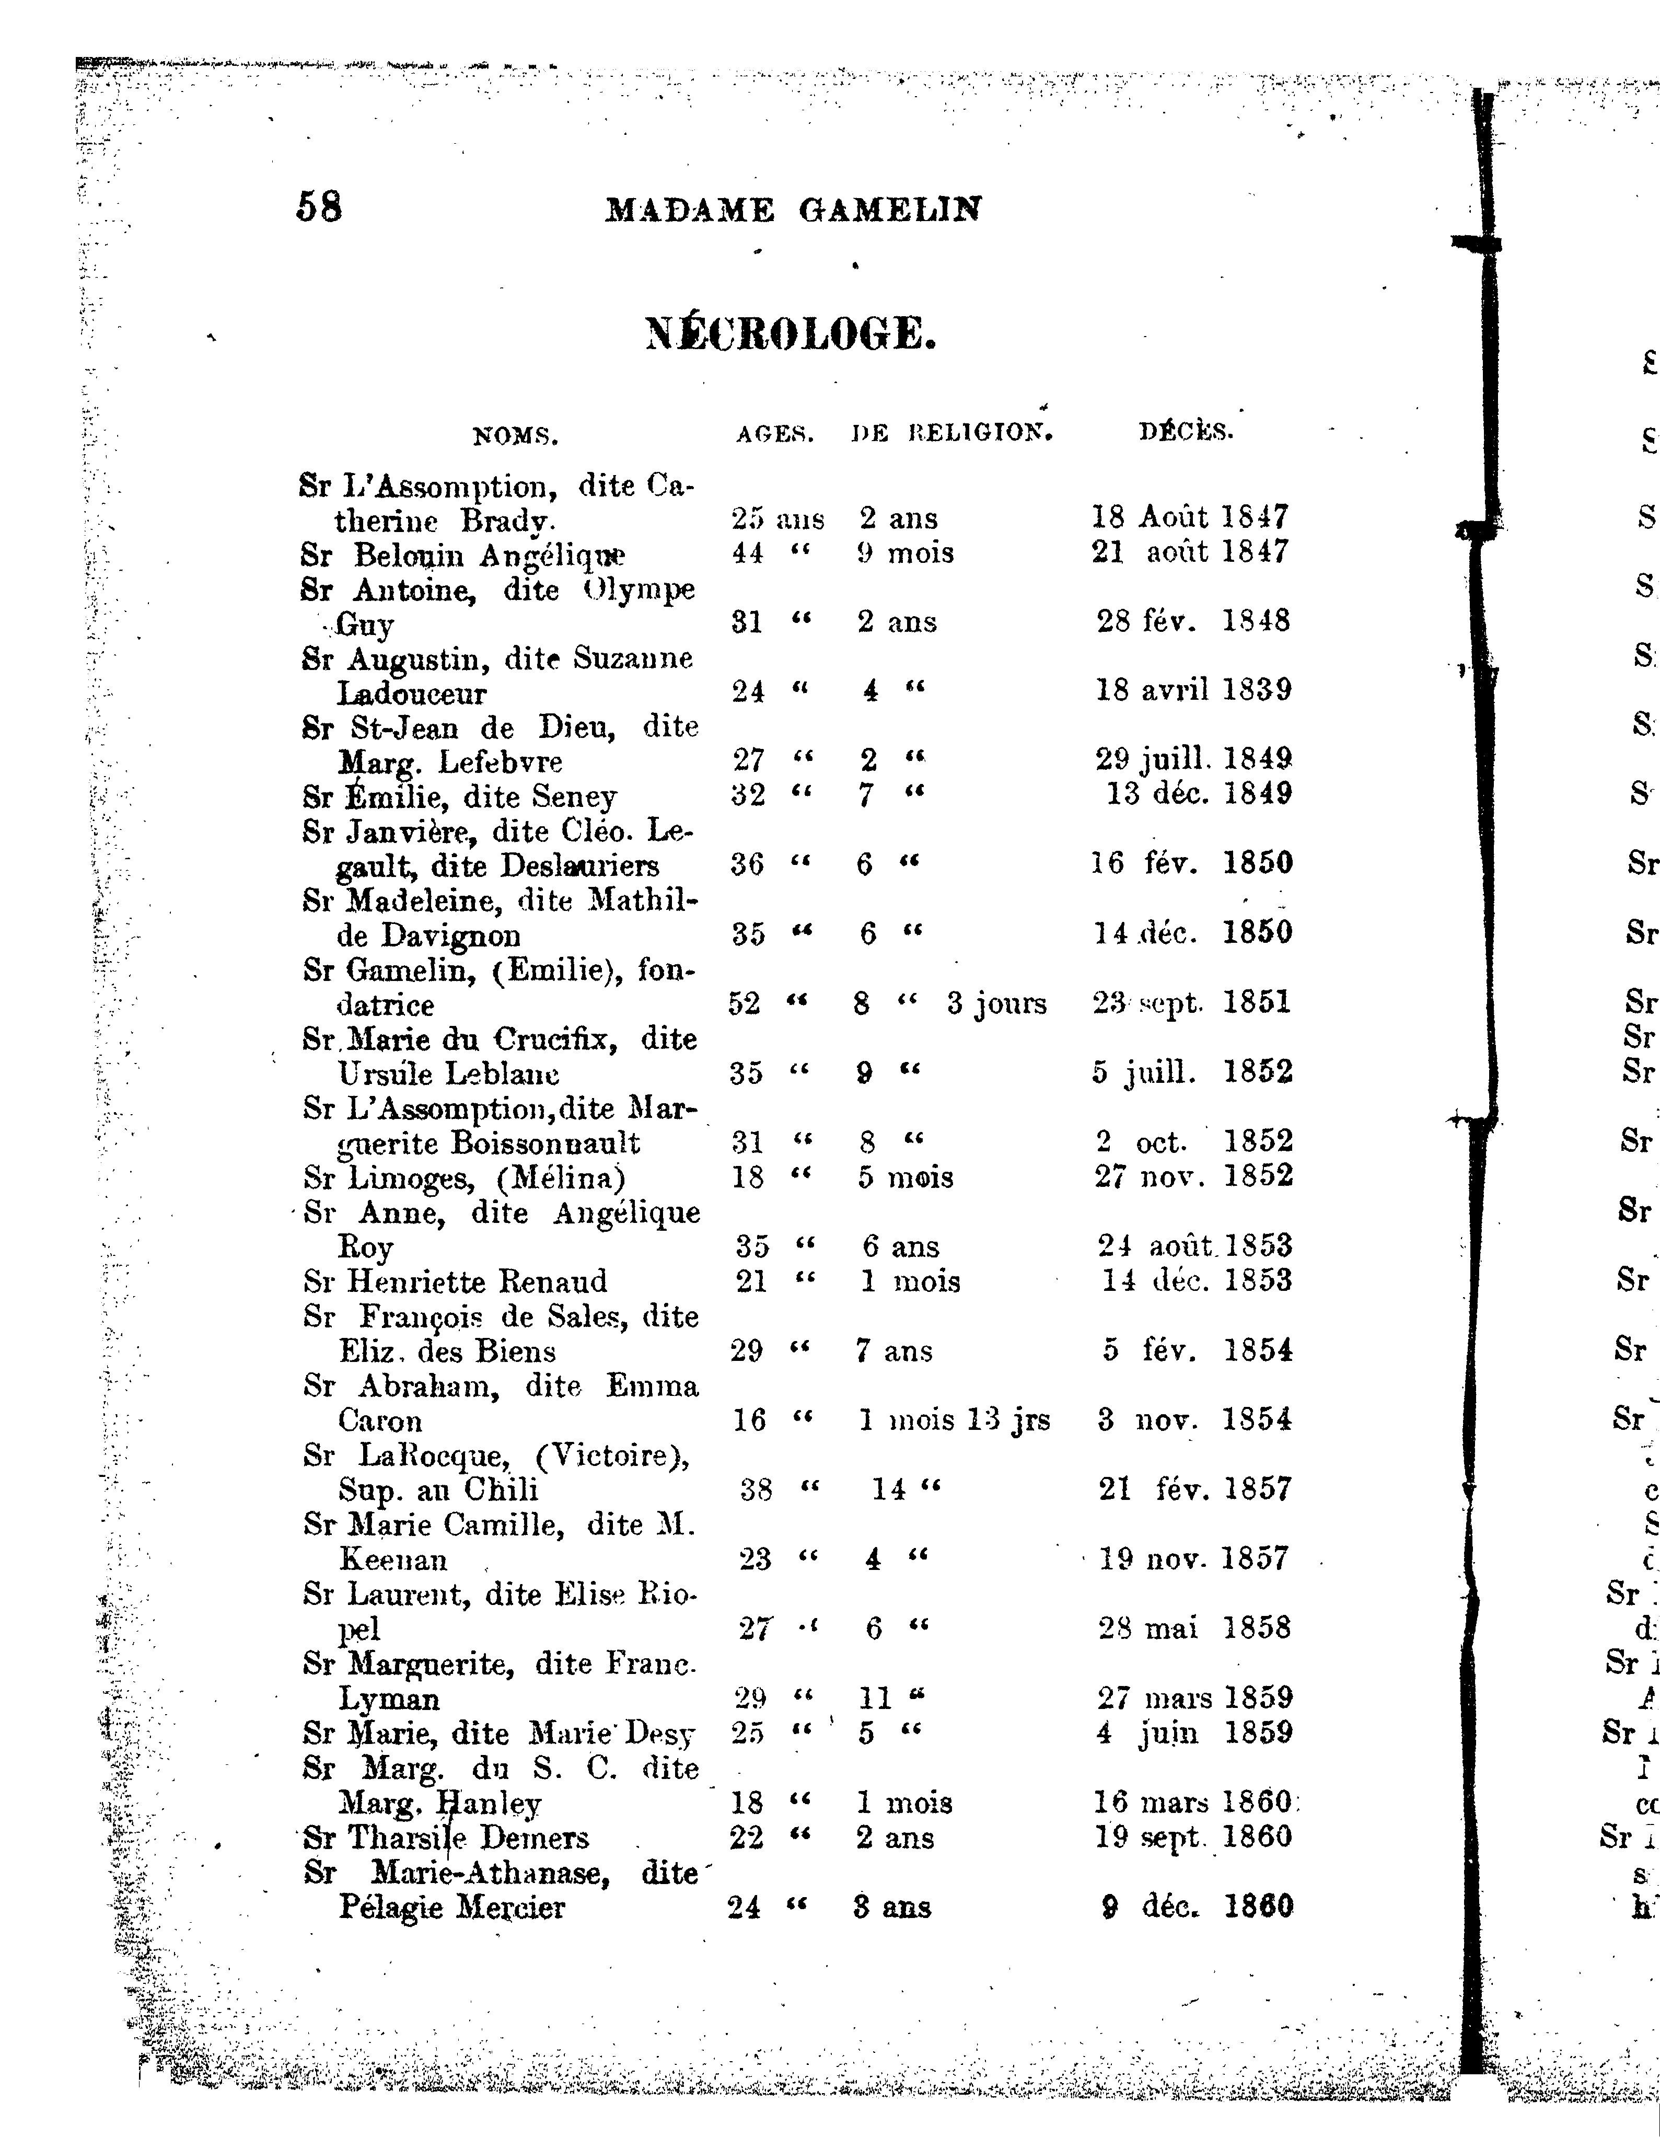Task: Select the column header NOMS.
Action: pos(516,436)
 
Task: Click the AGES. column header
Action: pos(775,434)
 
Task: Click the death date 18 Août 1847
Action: pos(1190,517)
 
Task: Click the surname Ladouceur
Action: pos(412,694)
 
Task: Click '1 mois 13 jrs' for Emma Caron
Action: pos(954,1420)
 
